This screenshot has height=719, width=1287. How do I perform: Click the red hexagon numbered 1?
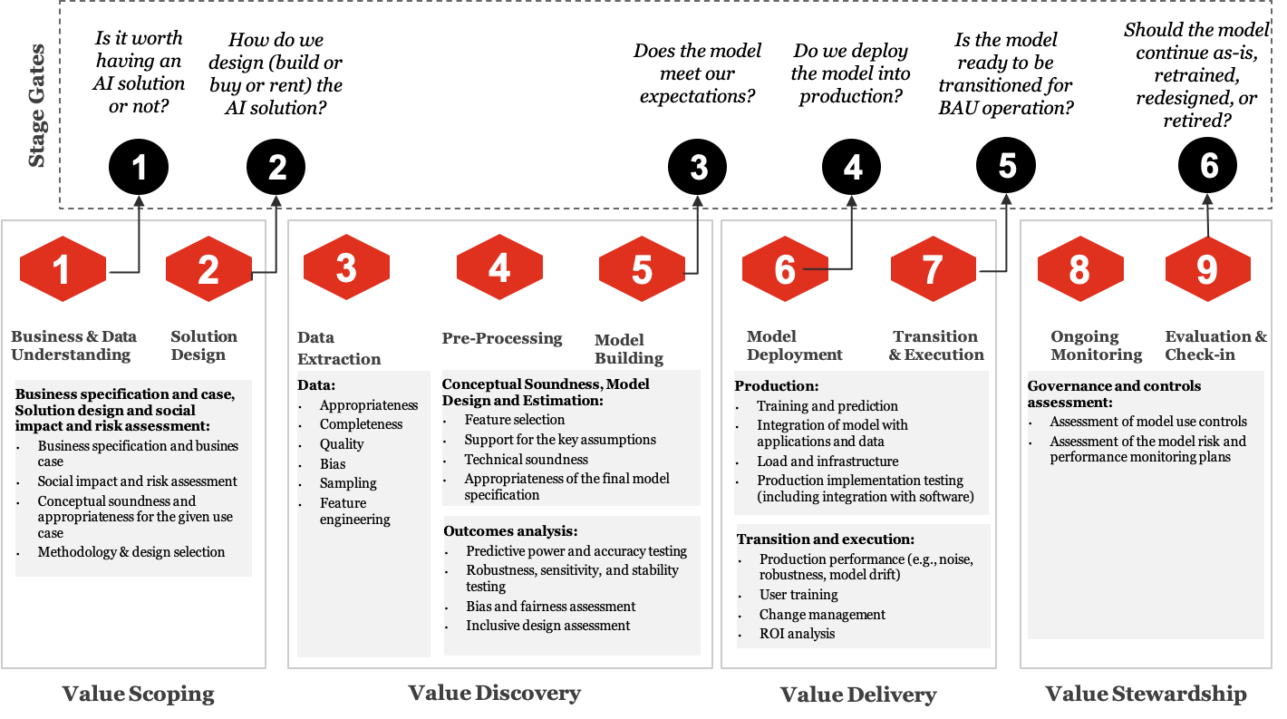pyautogui.click(x=63, y=269)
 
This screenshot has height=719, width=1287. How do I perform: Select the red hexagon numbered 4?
pyautogui.click(x=499, y=267)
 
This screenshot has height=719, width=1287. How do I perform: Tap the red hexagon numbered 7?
pyautogui.click(x=933, y=269)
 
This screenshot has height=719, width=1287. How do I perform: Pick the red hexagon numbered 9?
pyautogui.click(x=1207, y=269)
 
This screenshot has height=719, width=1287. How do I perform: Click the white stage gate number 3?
pyautogui.click(x=698, y=168)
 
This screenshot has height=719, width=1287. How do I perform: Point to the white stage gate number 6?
pyautogui.click(x=1209, y=166)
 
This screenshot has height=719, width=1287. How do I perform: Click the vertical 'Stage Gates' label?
pyautogui.click(x=37, y=105)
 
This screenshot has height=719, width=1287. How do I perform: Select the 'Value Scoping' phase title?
pyautogui.click(x=139, y=695)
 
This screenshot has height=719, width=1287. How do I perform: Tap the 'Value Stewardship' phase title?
pyautogui.click(x=1146, y=695)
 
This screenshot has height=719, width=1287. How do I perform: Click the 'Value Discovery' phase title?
pyautogui.click(x=494, y=694)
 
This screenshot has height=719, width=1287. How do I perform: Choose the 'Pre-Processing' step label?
pyautogui.click(x=502, y=338)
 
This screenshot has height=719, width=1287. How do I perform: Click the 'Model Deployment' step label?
pyautogui.click(x=795, y=345)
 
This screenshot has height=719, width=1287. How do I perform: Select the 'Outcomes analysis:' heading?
pyautogui.click(x=510, y=531)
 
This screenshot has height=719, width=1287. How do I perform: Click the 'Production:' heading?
pyautogui.click(x=777, y=385)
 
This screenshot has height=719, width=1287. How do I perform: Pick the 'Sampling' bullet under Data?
pyautogui.click(x=348, y=483)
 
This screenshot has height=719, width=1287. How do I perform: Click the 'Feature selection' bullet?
pyautogui.click(x=514, y=420)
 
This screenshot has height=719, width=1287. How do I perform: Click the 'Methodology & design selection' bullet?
pyautogui.click(x=131, y=551)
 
